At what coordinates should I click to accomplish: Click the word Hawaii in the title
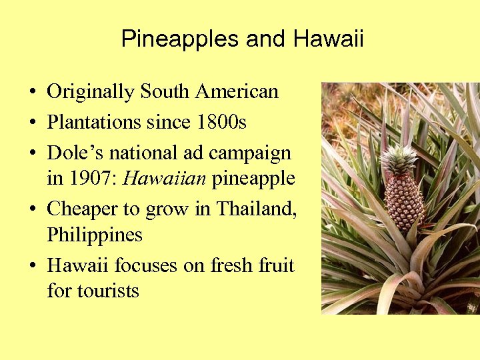pos(328,39)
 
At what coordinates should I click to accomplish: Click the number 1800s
pos(222,123)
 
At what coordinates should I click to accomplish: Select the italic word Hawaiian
pos(165,179)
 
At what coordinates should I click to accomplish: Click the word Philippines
pos(95,235)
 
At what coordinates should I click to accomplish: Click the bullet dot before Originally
pos(32,93)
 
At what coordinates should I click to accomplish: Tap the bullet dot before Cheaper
pos(32,210)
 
